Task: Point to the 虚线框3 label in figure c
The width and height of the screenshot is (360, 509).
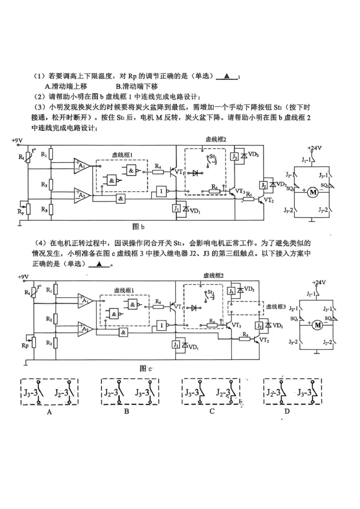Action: [x=278, y=306]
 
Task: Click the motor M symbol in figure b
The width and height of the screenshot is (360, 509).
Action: [x=312, y=192]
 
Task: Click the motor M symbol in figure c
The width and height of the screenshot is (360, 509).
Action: [x=317, y=325]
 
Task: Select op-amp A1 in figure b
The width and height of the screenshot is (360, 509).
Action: [x=82, y=166]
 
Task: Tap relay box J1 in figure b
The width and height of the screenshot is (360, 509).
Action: [x=176, y=209]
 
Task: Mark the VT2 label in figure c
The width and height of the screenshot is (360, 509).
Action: [x=265, y=340]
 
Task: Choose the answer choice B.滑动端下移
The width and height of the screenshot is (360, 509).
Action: [x=137, y=86]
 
